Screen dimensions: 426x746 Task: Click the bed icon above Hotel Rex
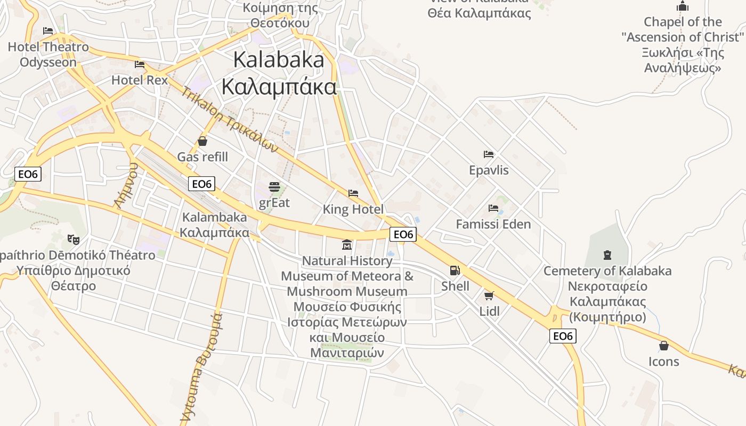tap(140, 64)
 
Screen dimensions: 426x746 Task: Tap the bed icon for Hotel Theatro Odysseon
tap(48, 31)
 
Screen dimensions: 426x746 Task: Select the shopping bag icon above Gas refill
tap(202, 141)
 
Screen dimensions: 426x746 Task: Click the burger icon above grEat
tap(274, 187)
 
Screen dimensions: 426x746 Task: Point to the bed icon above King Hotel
tap(353, 193)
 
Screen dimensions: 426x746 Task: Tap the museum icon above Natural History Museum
tap(347, 245)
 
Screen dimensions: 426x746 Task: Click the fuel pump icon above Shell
tap(455, 271)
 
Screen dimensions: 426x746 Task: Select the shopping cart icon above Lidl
tap(489, 295)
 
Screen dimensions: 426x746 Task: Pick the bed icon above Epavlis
tap(489, 154)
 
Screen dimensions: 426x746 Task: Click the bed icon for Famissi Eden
tap(493, 208)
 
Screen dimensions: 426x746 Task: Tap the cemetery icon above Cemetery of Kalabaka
tap(607, 255)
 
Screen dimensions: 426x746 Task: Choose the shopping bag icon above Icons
tap(663, 346)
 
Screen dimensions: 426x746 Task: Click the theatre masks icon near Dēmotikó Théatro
tap(74, 240)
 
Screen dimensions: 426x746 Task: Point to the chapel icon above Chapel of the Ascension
tap(682, 6)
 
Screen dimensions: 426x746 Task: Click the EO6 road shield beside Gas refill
tap(201, 184)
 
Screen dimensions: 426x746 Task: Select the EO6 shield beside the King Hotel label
tap(403, 234)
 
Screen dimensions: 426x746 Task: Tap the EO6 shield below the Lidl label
tap(563, 336)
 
